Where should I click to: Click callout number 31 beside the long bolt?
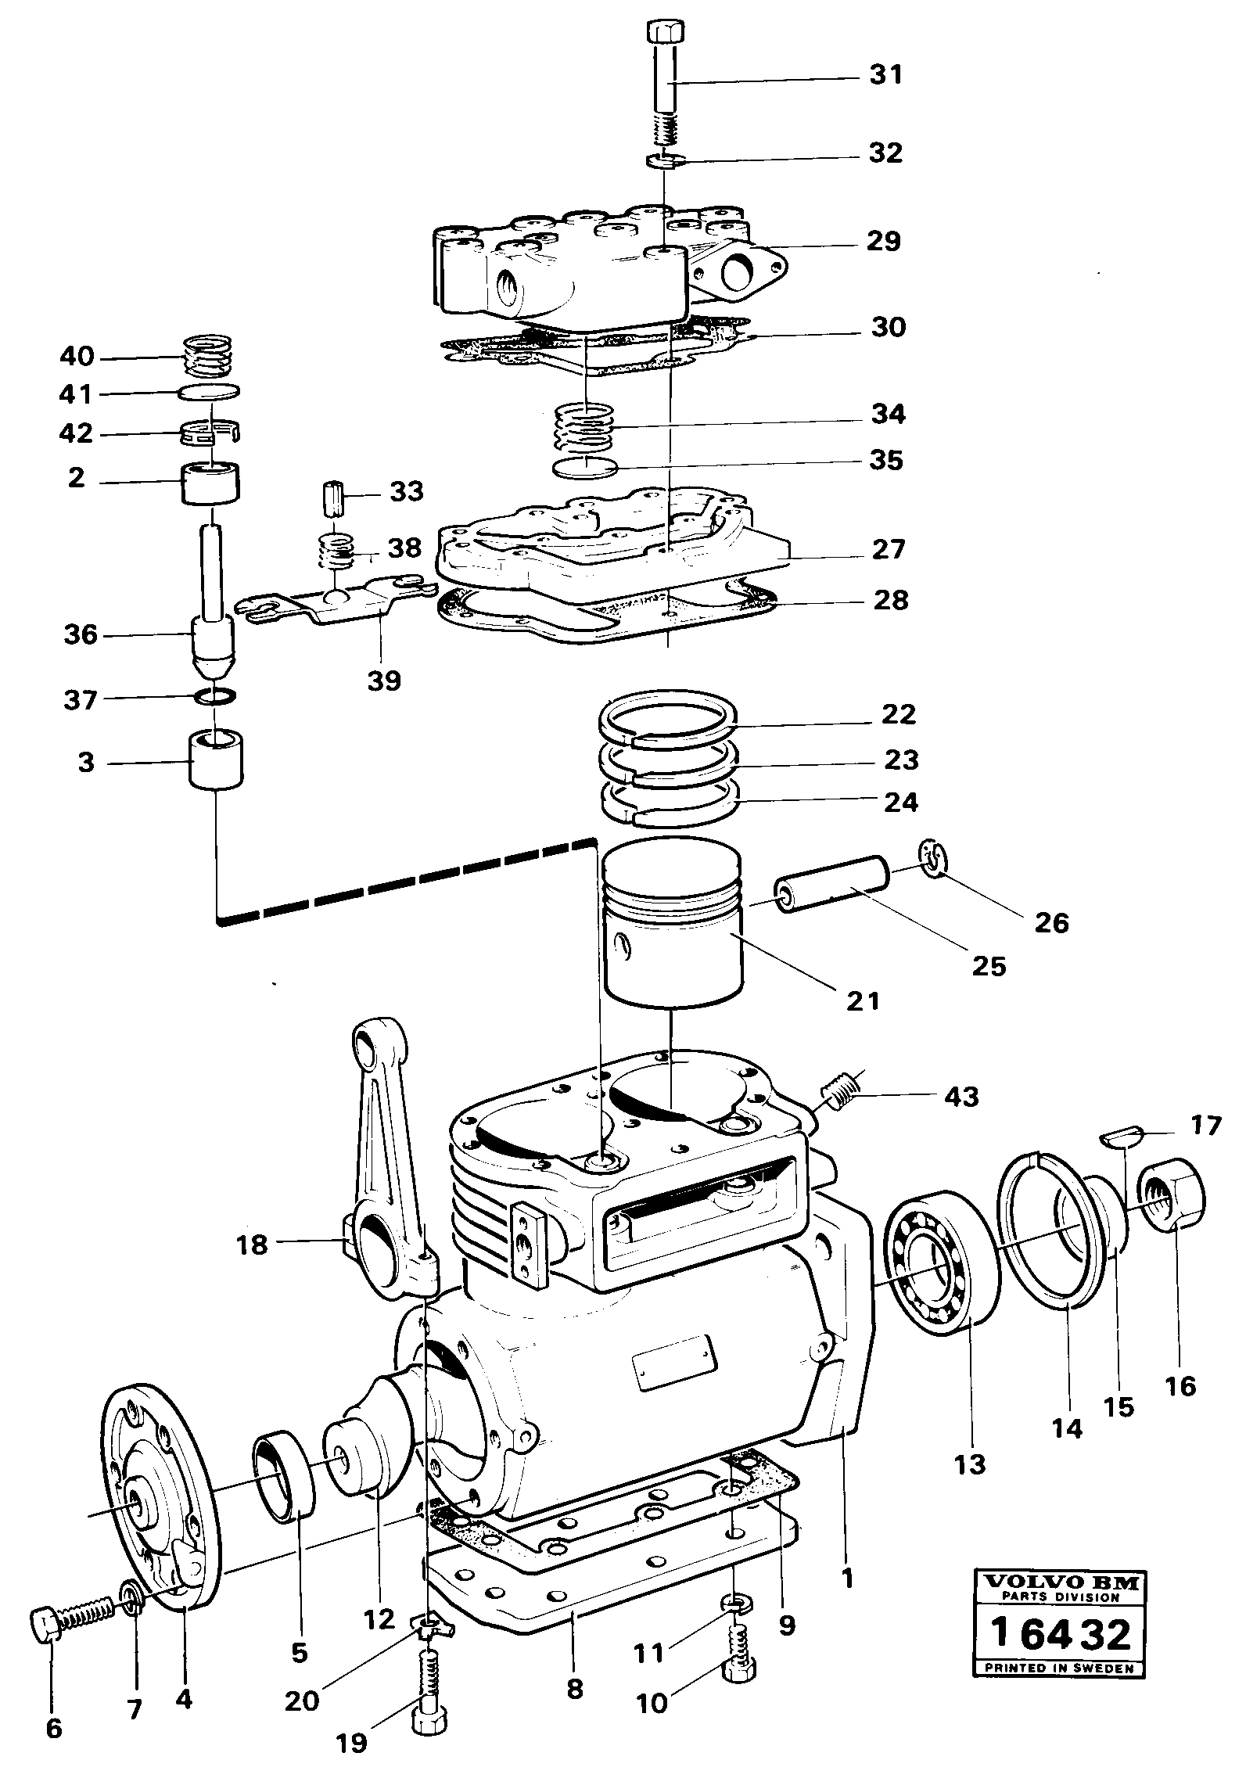tap(885, 76)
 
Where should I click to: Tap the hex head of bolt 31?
tap(667, 34)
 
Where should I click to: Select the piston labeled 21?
tap(672, 923)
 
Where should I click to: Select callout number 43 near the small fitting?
tap(961, 1097)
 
